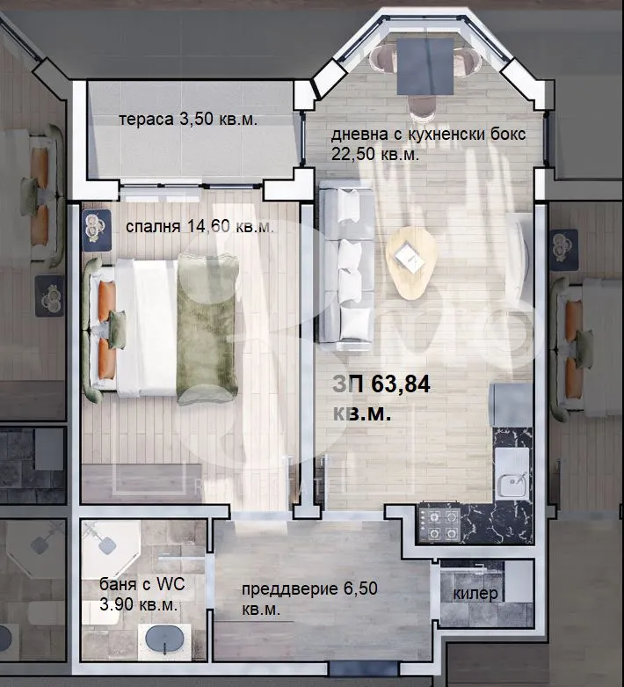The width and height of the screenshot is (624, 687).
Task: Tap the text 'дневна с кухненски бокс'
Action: coord(428,135)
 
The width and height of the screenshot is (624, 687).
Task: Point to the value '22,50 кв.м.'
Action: coord(374,153)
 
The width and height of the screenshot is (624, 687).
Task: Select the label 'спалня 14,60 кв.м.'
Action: coord(200,227)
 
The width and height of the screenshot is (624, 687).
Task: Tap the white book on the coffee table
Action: coord(409,256)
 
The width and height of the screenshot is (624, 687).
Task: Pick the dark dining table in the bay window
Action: coord(425,65)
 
